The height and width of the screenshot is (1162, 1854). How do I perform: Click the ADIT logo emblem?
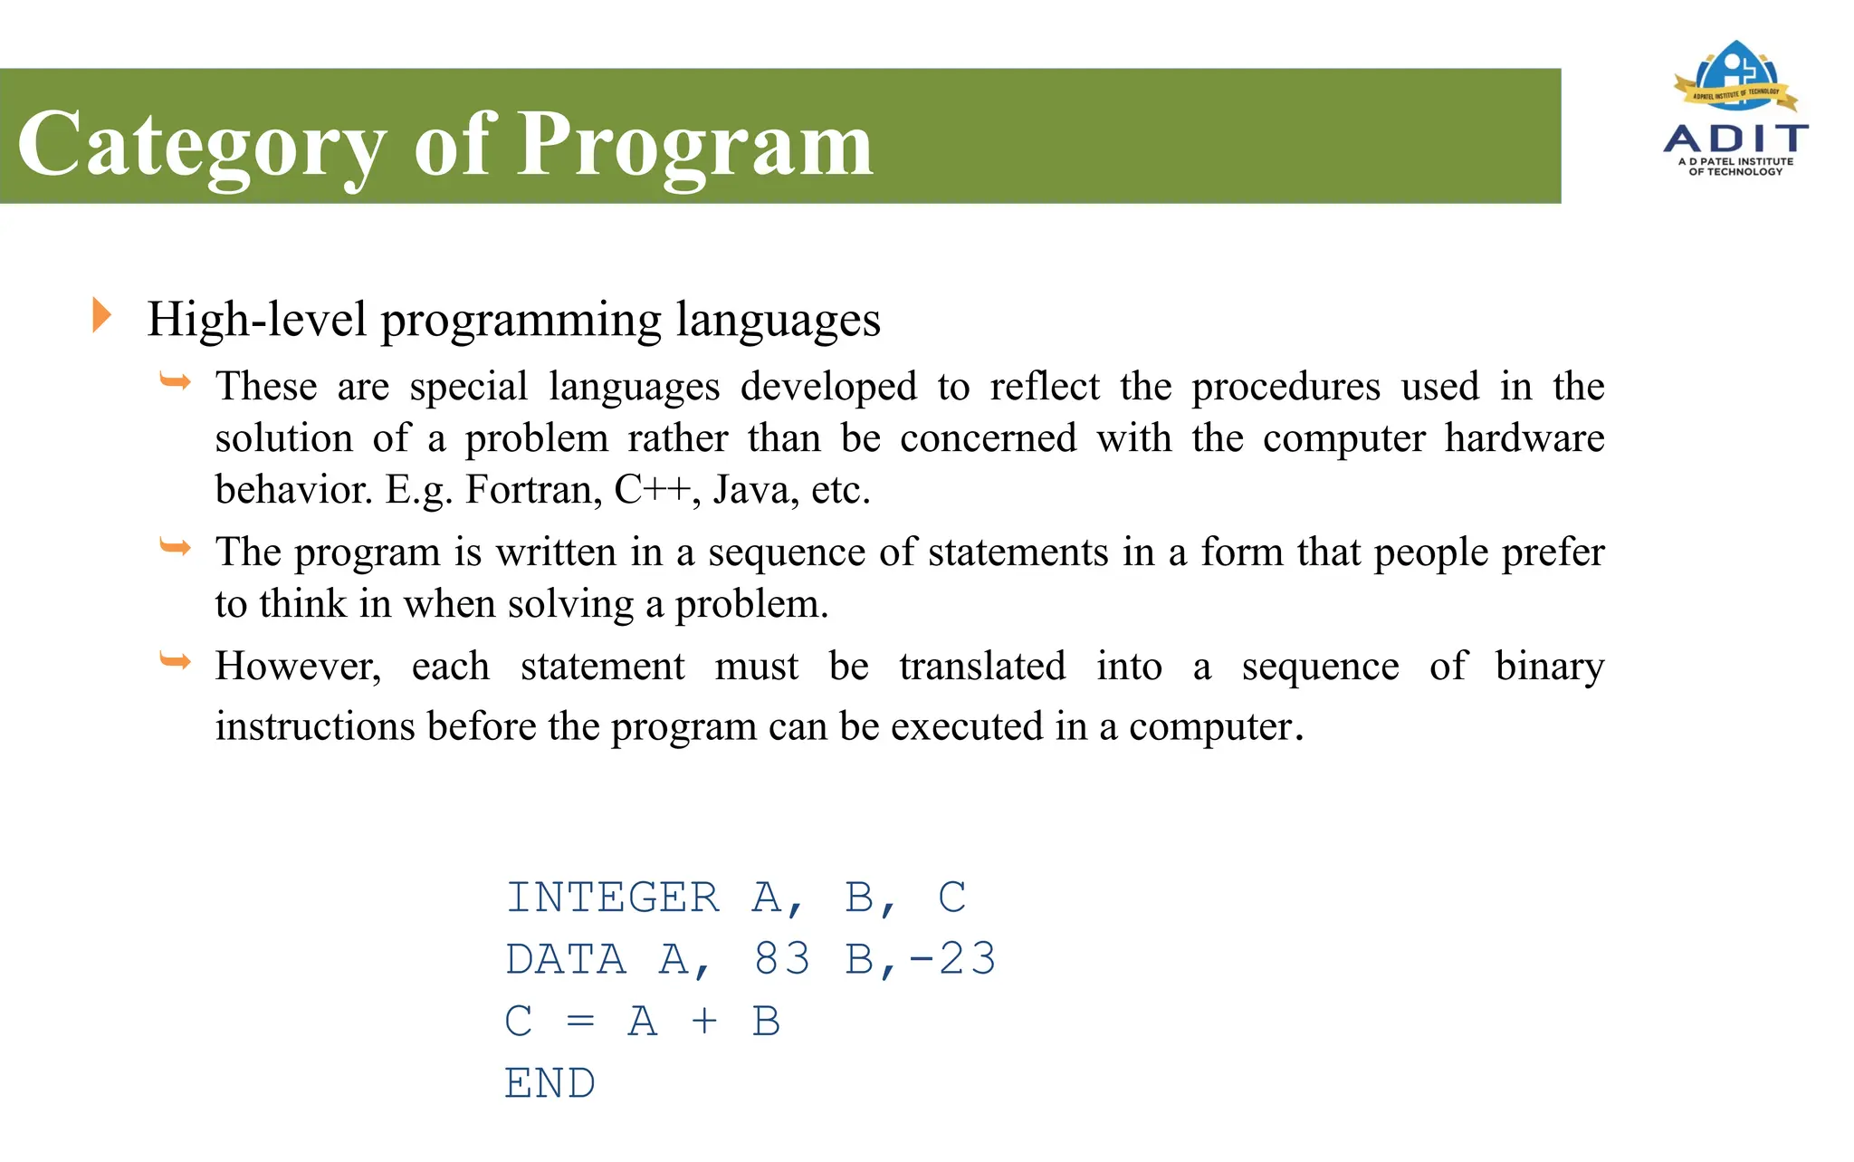pos(1735,77)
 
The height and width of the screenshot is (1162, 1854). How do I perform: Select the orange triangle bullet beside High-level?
pos(101,315)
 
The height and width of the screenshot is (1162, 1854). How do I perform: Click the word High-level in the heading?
pos(257,319)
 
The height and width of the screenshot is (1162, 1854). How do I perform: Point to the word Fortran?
pos(533,490)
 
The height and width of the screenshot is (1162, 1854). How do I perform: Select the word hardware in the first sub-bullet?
pos(1524,438)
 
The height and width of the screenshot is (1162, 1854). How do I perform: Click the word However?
pos(298,667)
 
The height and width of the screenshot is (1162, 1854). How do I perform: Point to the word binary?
pos(1549,667)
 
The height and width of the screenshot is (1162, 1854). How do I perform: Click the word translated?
pos(982,667)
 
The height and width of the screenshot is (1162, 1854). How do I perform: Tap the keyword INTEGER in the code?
pos(613,898)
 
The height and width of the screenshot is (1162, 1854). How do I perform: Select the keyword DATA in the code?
pos(566,959)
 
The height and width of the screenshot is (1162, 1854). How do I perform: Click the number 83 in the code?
pos(782,959)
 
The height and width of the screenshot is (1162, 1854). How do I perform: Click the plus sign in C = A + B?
pos(704,1022)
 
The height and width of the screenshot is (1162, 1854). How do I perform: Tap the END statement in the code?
pos(550,1083)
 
